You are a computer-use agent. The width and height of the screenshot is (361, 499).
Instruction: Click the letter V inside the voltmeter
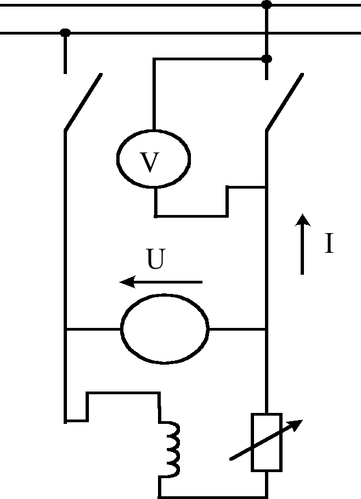[150, 162]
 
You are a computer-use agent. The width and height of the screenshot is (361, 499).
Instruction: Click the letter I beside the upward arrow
[329, 243]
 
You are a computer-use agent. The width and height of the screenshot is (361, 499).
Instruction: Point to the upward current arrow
[302, 244]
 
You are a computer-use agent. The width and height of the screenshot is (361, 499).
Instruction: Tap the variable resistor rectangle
[267, 442]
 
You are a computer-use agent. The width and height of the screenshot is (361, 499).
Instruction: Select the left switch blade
[83, 103]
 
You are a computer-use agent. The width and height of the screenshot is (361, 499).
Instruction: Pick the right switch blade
[284, 103]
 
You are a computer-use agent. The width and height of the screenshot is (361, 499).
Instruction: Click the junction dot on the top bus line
[267, 5]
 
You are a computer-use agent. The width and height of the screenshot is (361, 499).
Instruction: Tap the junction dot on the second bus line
[65, 33]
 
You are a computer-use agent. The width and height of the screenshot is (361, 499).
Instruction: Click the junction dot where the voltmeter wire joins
[267, 58]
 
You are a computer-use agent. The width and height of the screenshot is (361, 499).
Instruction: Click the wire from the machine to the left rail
[93, 330]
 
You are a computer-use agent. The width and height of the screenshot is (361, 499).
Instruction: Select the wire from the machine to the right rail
[237, 330]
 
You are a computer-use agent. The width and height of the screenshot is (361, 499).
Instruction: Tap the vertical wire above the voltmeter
[154, 93]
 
